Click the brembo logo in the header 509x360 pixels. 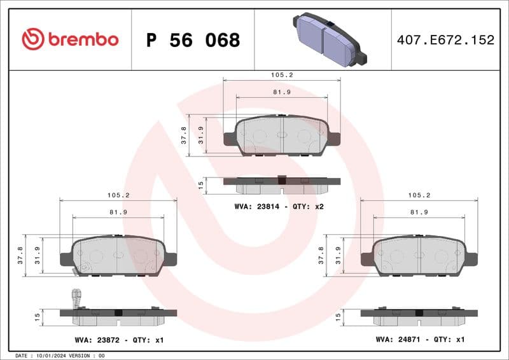(x=70, y=39)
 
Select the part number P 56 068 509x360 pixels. (x=193, y=40)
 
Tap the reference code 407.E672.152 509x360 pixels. (x=445, y=40)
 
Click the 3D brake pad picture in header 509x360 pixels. (x=330, y=39)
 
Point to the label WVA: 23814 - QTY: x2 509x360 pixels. (x=279, y=206)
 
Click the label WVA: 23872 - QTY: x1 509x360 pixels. (x=118, y=340)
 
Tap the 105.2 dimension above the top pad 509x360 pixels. (x=281, y=74)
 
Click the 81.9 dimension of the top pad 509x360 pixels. (x=281, y=92)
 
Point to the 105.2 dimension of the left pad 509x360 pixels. (x=118, y=195)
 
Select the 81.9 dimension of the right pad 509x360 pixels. (x=419, y=212)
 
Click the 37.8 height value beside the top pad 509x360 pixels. (x=184, y=135)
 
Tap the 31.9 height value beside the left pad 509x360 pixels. (x=38, y=255)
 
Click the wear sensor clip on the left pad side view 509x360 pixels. (x=76, y=297)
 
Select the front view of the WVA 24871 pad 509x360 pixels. (x=419, y=255)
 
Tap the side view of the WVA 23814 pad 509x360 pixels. (x=281, y=184)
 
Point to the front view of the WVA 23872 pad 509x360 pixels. (x=118, y=256)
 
